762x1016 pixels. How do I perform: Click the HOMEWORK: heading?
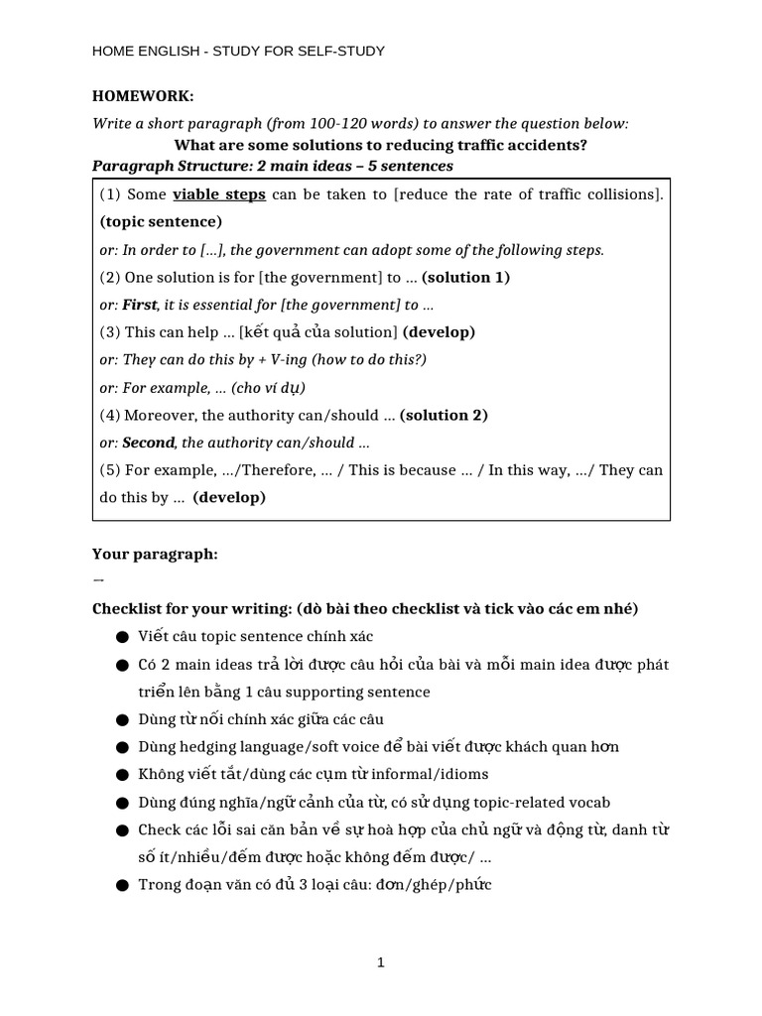point(143,96)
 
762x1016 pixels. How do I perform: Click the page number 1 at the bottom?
point(381,962)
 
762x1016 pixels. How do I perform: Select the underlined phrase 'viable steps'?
point(219,194)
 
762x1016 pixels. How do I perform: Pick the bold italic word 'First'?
point(140,305)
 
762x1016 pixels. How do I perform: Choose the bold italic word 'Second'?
point(148,443)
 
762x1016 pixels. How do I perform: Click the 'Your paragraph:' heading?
point(155,554)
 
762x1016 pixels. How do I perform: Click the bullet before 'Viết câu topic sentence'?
point(121,637)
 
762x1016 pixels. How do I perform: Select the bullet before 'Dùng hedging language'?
point(121,747)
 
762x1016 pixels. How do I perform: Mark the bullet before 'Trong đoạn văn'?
point(121,885)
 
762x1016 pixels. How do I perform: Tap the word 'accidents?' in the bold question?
point(549,145)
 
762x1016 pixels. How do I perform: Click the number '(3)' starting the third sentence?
point(110,332)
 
